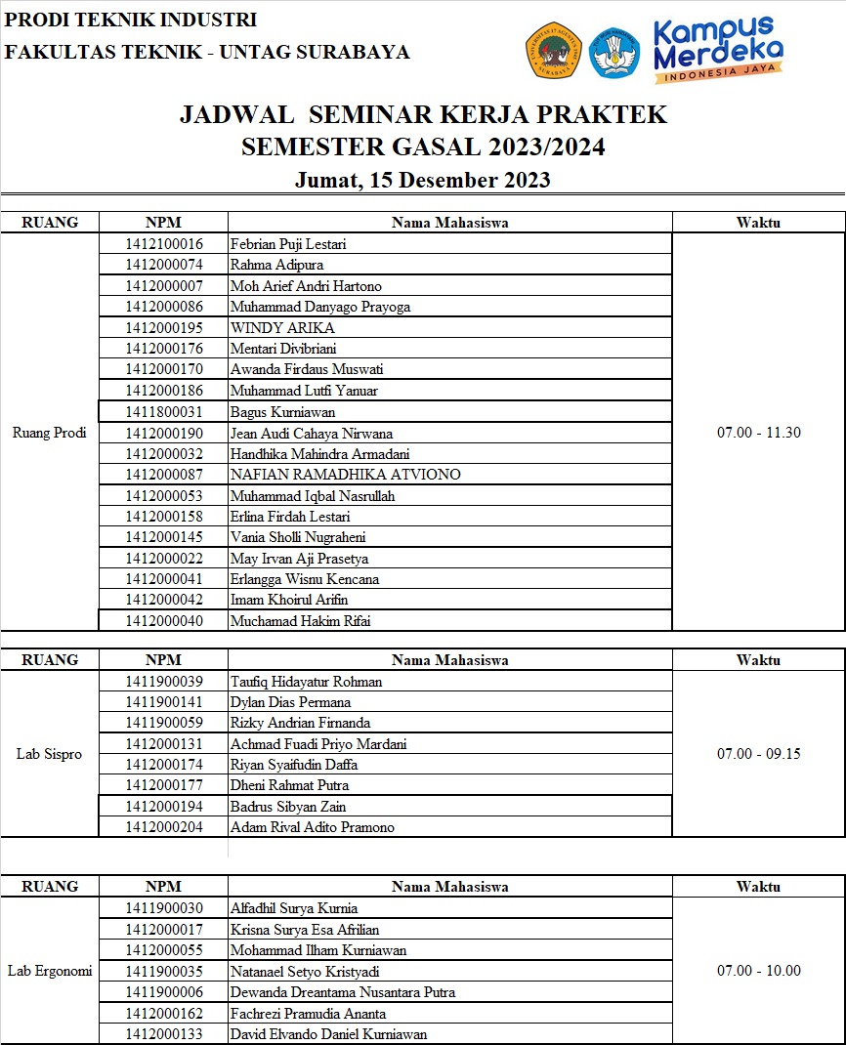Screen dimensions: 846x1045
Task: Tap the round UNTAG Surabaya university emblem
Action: pyautogui.click(x=554, y=51)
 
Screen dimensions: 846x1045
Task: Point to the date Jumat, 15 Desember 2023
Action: pyautogui.click(x=422, y=180)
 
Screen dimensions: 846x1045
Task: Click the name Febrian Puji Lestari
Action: pyautogui.click(x=288, y=244)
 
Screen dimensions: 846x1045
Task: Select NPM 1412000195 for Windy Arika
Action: pyautogui.click(x=164, y=327)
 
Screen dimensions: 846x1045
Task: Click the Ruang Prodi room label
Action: pyautogui.click(x=50, y=433)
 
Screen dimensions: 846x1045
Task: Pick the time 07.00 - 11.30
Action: pyautogui.click(x=758, y=433)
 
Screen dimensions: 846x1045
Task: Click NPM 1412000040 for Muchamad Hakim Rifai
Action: pyautogui.click(x=164, y=620)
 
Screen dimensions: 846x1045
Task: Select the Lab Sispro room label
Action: pyautogui.click(x=50, y=754)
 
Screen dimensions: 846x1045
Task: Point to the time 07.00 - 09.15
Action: pyautogui.click(x=758, y=754)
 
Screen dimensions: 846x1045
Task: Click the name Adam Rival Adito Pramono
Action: pyautogui.click(x=313, y=827)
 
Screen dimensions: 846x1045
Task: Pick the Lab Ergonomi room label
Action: pyautogui.click(x=50, y=971)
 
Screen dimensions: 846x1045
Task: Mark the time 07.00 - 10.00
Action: pyautogui.click(x=758, y=971)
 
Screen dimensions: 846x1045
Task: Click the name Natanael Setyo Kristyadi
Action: pyautogui.click(x=305, y=972)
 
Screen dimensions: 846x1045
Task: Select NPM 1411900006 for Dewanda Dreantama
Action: pyautogui.click(x=164, y=992)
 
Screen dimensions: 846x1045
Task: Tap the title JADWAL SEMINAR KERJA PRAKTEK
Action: pyautogui.click(x=423, y=115)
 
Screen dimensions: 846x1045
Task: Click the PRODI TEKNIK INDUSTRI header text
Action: pyautogui.click(x=131, y=20)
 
